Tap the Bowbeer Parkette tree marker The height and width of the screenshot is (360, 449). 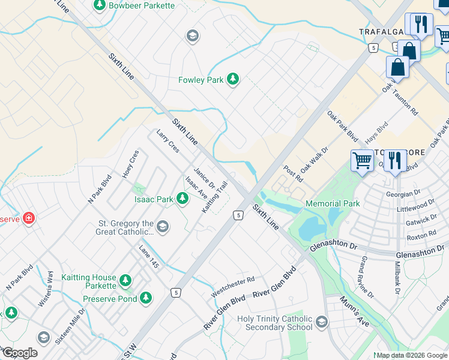(99, 5)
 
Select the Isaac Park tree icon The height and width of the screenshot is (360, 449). (182, 199)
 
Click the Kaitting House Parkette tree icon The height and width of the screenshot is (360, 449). (125, 280)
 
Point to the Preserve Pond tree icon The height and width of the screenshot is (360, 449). (145, 297)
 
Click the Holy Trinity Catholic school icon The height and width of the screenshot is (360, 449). (322, 323)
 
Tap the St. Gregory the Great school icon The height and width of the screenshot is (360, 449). (163, 227)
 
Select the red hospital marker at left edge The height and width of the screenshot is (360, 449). (28, 218)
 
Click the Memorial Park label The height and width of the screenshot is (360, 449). (333, 203)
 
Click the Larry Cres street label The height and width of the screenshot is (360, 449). (167, 142)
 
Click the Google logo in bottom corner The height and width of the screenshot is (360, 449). (19, 353)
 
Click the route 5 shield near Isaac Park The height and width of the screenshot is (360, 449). (238, 215)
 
